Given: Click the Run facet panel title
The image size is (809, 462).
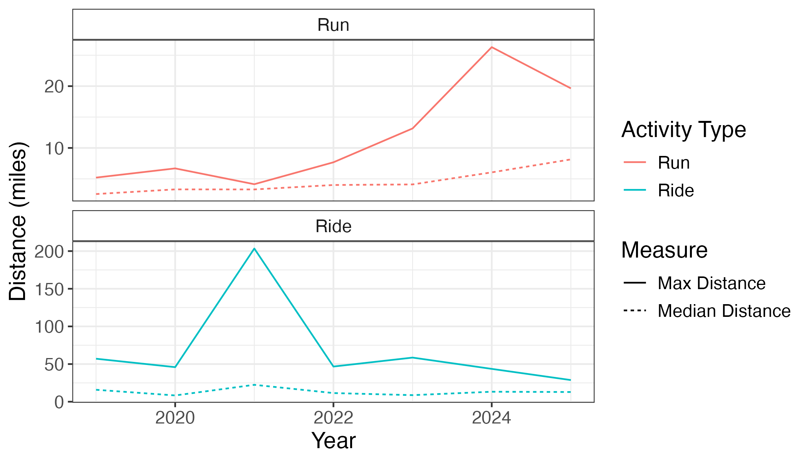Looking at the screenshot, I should [333, 25].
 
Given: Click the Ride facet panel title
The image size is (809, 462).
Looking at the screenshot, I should [333, 226].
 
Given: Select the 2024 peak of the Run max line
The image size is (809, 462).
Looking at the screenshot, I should [492, 47].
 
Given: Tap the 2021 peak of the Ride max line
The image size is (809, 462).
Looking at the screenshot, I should [254, 248].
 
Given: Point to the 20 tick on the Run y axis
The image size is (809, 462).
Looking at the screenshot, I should [54, 87].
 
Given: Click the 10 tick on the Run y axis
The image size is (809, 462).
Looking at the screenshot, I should [54, 148].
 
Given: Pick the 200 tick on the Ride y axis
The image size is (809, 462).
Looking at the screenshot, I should [49, 252].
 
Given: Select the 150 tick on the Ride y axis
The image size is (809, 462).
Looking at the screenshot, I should [49, 289].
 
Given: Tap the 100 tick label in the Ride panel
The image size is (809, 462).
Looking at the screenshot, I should [49, 327].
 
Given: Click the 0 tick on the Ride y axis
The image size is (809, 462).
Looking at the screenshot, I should [59, 402].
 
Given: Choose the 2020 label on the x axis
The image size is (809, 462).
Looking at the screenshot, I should [175, 417].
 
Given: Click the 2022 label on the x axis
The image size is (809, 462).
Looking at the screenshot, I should [333, 417].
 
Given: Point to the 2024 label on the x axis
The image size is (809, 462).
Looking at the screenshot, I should [492, 417].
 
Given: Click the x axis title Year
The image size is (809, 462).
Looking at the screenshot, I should [333, 440].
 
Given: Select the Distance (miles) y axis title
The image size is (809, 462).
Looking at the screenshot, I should [18, 221].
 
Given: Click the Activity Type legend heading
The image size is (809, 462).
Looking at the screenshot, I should [683, 130].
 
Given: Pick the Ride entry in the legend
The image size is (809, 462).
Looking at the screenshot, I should [675, 191].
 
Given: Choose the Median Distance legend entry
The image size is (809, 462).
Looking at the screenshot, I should [723, 311].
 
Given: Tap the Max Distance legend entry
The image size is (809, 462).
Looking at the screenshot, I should [711, 283].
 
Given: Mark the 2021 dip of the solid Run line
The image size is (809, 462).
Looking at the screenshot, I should [254, 184].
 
